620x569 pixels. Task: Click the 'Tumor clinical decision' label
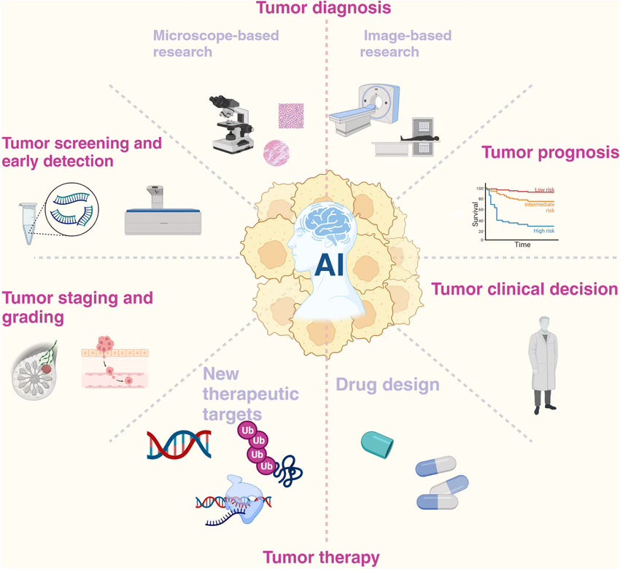pos(525,289)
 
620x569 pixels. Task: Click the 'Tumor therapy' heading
pos(321,558)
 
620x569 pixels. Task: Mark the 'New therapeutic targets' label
pos(241,393)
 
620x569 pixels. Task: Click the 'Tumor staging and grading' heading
pos(78,307)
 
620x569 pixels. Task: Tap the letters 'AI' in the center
pos(331,267)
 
